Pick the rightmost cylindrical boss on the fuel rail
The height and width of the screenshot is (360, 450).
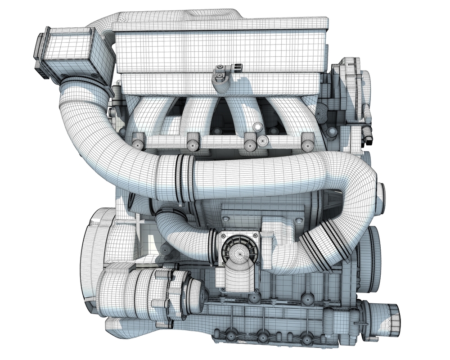pyautogui.click(x=308, y=142)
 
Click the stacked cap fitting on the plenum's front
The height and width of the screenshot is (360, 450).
pyautogui.click(x=220, y=76)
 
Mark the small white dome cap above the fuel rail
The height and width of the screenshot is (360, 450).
pyautogui.click(x=257, y=127)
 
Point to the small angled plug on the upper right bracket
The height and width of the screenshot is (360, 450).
pyautogui.click(x=368, y=134)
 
